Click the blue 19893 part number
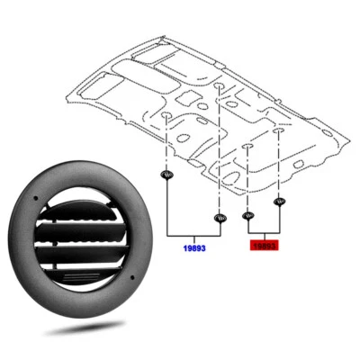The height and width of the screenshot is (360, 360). pos(192,244)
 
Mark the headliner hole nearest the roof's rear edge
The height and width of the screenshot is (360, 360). pos(220,86)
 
